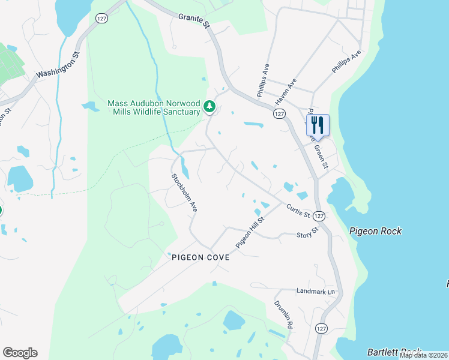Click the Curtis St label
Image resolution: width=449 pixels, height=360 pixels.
(298, 211)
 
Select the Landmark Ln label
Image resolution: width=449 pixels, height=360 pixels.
(315, 291)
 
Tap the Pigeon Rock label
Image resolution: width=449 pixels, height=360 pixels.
(376, 231)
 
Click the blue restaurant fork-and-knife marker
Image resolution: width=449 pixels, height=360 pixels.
(318, 125)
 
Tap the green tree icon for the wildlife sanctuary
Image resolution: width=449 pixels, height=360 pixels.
(209, 107)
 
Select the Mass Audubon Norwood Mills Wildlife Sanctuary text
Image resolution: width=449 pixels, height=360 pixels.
(154, 107)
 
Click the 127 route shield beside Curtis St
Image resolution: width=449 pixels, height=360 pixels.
(319, 215)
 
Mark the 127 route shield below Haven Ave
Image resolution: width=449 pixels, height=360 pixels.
(279, 113)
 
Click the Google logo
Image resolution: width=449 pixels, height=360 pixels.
(20, 353)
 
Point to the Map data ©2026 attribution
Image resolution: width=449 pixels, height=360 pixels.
(423, 355)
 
